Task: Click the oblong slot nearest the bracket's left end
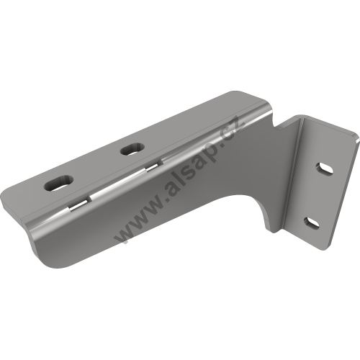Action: click(59, 183)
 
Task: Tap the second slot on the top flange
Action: click(132, 149)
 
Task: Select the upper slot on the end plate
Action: click(325, 169)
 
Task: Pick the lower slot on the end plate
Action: click(312, 223)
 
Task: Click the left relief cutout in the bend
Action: click(80, 206)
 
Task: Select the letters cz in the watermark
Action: click(235, 129)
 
